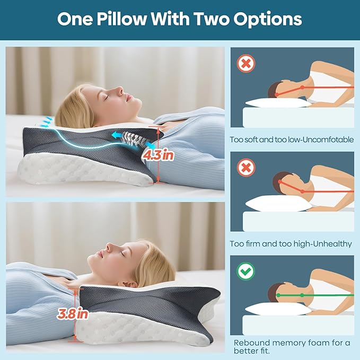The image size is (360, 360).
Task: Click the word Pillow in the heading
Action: [x=121, y=19]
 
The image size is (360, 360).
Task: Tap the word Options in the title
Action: [x=267, y=19]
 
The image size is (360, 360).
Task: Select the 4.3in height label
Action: [x=158, y=155]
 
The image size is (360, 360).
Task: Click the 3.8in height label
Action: [x=72, y=313]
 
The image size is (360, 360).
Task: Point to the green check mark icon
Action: [x=245, y=271]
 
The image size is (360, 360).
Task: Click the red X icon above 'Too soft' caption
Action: [x=246, y=64]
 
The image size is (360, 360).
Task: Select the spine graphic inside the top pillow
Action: [x=133, y=139]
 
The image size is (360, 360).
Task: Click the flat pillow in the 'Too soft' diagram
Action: [x=278, y=103]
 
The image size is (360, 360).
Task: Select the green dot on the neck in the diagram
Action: [x=302, y=295]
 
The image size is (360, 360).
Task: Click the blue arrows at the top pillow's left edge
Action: [x=46, y=122]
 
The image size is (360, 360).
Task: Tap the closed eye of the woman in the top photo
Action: [x=106, y=98]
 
